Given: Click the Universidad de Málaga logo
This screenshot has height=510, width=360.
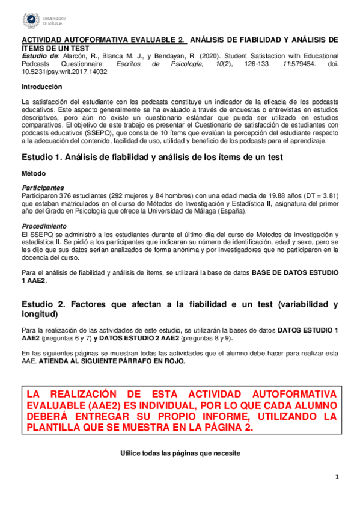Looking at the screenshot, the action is coord(43,21).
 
